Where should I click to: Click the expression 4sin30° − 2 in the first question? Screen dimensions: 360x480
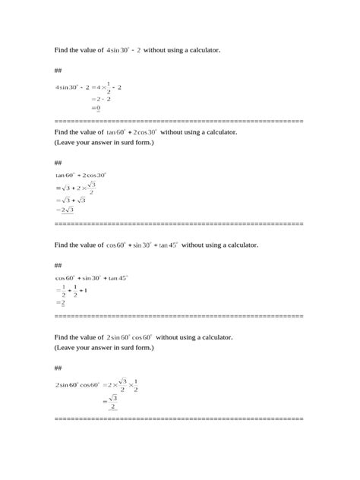pyautogui.click(x=129, y=50)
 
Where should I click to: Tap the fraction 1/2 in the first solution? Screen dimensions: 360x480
pyautogui.click(x=109, y=87)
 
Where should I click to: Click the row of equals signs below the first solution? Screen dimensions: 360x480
pyautogui.click(x=179, y=121)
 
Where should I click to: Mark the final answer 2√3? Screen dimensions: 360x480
pyautogui.click(x=66, y=210)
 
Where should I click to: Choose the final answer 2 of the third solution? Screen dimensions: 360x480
pyautogui.click(x=62, y=302)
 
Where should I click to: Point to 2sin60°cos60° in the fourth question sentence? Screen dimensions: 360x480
pyautogui.click(x=130, y=336)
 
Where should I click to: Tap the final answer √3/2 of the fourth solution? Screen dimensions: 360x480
pyautogui.click(x=112, y=401)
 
